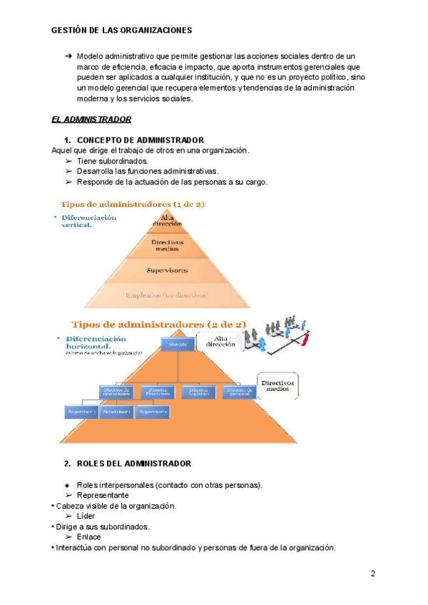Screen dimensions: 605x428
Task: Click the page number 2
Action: tap(372, 574)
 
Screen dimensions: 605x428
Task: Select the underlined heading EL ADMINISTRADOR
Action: tap(91, 119)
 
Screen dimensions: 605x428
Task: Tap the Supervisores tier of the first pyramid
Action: tap(168, 270)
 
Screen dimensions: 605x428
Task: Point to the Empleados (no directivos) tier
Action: tap(168, 295)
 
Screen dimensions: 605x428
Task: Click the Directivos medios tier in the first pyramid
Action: tap(168, 245)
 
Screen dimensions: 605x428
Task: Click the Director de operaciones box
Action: tap(117, 391)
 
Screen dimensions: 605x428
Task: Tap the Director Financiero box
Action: tap(158, 391)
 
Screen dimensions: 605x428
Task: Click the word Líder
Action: tap(86, 516)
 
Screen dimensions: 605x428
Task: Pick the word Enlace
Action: tap(88, 537)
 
